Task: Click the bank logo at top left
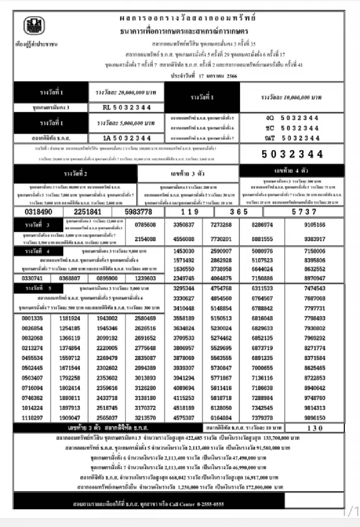point(34,26)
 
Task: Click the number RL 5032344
point(126,108)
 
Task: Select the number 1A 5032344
point(126,138)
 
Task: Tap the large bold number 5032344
point(292,154)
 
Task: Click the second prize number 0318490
point(38,212)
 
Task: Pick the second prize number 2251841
point(87,212)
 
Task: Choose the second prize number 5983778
point(138,212)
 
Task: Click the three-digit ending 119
point(190,212)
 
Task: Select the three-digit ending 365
point(239,212)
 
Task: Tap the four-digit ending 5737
point(304,212)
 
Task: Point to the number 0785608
point(145,225)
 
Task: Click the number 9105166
point(315,225)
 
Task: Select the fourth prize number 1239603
point(145,278)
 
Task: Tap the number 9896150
point(315,418)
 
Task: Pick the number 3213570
point(145,418)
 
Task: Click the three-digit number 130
point(315,428)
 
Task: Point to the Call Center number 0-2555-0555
point(210,504)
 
